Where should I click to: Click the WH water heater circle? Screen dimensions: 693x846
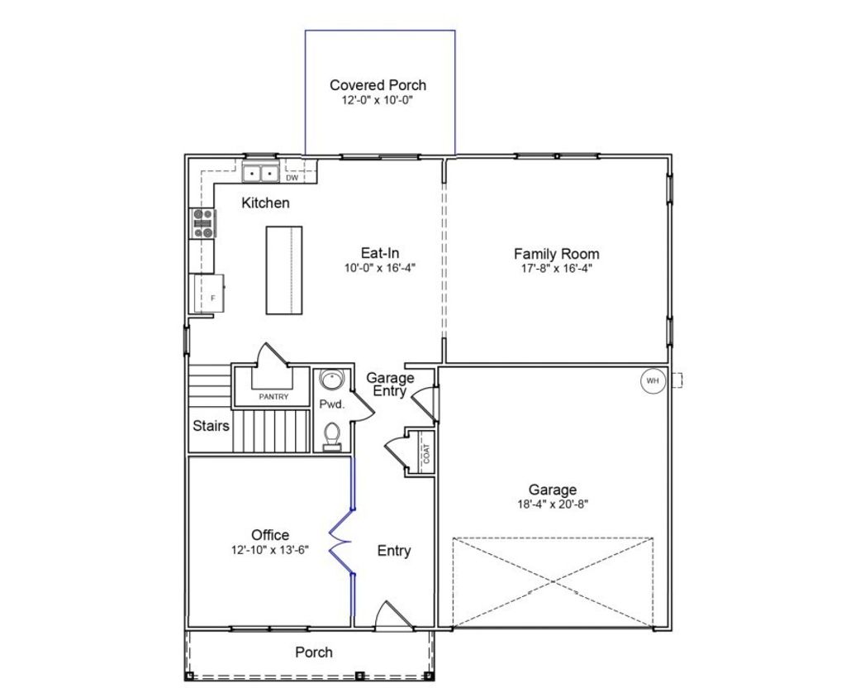653,380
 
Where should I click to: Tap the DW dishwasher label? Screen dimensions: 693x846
292,178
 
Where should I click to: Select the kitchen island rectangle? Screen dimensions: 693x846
283,270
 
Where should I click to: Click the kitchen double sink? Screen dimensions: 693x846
260,174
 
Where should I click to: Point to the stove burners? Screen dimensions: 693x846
203,223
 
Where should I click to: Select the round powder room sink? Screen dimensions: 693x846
331,381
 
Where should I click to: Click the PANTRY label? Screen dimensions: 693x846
273,397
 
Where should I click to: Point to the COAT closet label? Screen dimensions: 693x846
426,452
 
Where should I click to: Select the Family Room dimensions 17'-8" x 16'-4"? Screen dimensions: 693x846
556,268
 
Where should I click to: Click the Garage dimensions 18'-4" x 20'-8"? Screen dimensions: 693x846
553,503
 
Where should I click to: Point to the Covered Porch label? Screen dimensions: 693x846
378,85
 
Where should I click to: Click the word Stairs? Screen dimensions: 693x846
211,427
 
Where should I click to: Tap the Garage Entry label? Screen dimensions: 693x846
390,385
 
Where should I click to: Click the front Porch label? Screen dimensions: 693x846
314,652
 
